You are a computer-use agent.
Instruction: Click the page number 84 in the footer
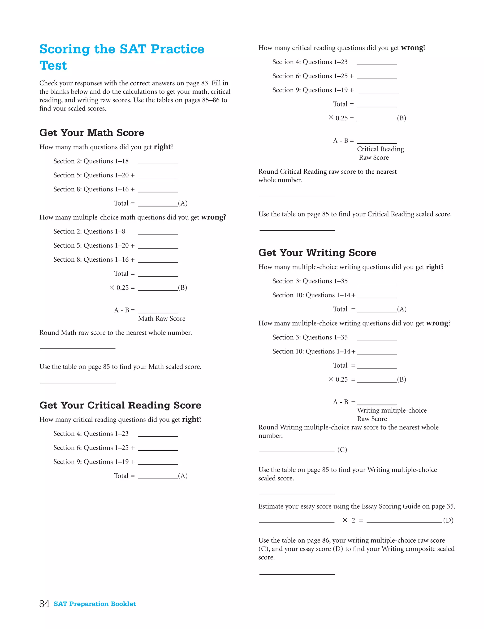44,604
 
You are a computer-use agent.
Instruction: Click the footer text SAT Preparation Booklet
95,604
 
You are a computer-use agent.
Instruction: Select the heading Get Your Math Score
91,133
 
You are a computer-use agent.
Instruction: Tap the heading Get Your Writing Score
317,253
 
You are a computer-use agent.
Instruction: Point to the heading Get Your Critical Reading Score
120,405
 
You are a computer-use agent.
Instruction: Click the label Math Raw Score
161,319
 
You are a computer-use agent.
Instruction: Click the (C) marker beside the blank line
342,450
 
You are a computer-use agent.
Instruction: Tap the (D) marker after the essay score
448,520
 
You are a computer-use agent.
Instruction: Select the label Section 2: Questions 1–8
89,232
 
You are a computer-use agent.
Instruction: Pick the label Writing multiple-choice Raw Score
392,414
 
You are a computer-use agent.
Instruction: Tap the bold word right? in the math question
163,147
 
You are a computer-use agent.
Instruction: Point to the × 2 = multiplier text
353,520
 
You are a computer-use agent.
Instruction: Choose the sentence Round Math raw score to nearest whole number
115,333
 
